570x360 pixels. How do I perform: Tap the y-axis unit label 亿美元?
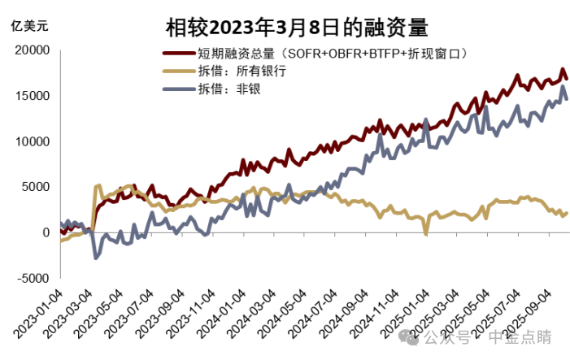coord(29,25)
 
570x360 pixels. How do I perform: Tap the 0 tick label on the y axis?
coord(46,232)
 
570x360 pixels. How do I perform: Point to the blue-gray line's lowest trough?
coord(97,258)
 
